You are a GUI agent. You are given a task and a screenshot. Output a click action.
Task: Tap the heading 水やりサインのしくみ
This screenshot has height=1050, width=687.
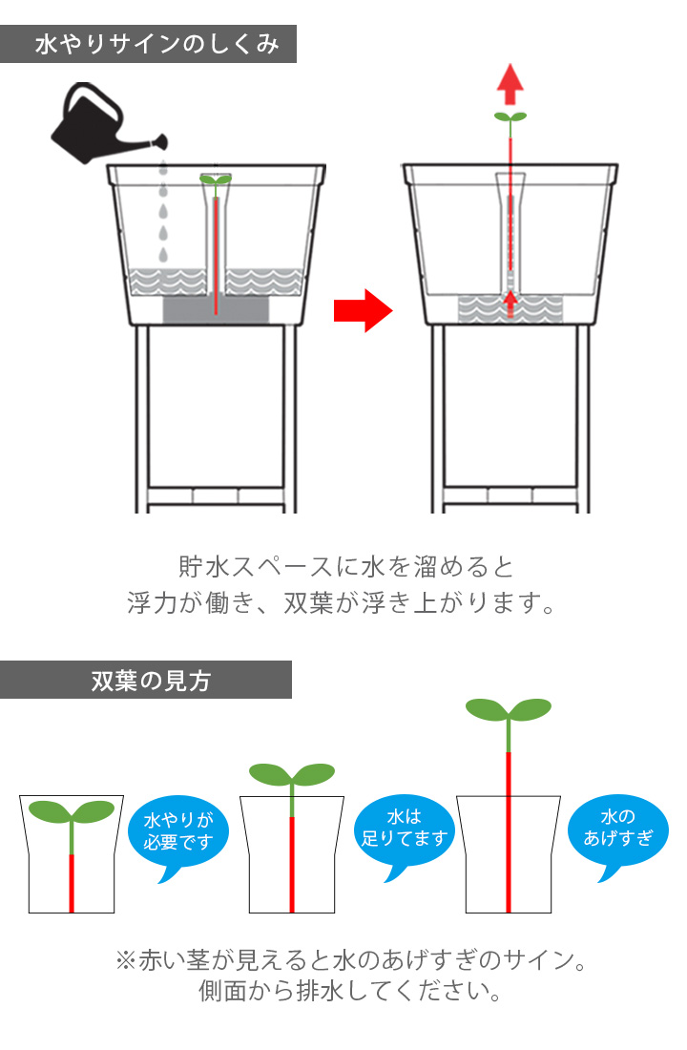pyautogui.click(x=157, y=45)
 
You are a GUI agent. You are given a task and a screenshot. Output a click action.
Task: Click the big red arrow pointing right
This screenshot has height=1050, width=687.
pyautogui.click(x=363, y=310)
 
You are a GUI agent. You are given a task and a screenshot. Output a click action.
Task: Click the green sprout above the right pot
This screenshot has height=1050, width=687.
pyautogui.click(x=511, y=117)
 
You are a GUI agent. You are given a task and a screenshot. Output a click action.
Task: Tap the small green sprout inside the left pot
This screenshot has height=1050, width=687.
pyautogui.click(x=216, y=179)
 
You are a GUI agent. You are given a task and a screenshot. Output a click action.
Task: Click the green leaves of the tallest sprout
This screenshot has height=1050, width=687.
pyautogui.click(x=509, y=709)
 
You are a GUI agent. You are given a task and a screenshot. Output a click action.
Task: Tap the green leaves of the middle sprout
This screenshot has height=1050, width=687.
pyautogui.click(x=291, y=772)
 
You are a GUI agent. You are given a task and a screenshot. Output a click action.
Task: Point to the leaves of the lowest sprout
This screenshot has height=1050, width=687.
pyautogui.click(x=72, y=811)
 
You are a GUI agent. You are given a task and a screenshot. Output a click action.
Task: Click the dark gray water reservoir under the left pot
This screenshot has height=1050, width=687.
pyautogui.click(x=216, y=310)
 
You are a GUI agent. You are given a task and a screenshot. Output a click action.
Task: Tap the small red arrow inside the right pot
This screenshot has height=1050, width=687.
pyautogui.click(x=510, y=302)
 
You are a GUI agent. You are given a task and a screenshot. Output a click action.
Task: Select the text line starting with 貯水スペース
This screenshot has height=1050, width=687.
pyautogui.click(x=345, y=567)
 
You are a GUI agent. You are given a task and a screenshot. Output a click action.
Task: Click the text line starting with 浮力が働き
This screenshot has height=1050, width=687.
pyautogui.click(x=342, y=603)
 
